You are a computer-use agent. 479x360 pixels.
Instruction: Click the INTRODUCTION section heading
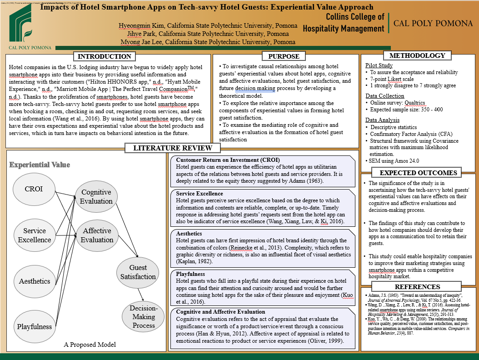click(105, 56)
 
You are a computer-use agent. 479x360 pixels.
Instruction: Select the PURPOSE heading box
click(284, 56)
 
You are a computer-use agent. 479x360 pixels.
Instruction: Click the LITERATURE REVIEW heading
click(172, 148)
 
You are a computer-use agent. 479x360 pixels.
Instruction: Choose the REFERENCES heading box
click(417, 287)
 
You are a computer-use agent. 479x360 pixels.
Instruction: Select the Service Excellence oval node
click(35, 235)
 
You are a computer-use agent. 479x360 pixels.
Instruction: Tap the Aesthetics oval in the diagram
click(35, 281)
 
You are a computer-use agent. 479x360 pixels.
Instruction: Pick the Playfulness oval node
click(35, 326)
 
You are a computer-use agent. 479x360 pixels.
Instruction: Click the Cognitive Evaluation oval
click(96, 197)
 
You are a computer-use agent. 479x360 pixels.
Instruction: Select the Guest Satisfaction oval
click(138, 272)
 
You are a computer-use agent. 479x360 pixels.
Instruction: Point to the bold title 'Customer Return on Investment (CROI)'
click(228, 160)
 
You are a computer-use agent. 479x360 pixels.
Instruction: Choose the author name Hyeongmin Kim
click(138, 25)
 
